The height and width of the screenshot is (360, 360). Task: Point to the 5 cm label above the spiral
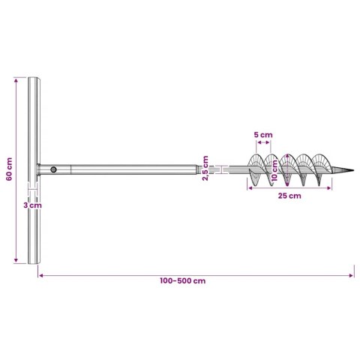point(262,135)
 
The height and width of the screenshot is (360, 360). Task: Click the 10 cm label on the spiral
point(274,173)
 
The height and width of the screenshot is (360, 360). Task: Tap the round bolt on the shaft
point(53,170)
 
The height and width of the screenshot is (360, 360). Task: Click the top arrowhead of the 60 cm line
point(16,78)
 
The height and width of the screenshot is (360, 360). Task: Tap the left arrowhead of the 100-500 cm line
point(39,274)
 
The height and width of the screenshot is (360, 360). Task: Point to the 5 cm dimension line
point(262,145)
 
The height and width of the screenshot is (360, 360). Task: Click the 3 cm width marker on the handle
point(31,190)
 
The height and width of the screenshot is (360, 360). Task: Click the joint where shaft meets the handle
point(40,170)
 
